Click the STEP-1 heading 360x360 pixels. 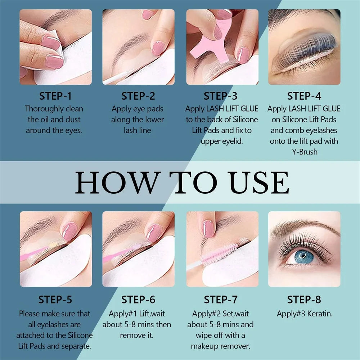pos(55,96)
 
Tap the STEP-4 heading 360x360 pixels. pos(304,96)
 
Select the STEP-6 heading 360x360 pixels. pos(138,300)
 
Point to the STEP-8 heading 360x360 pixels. pos(304,300)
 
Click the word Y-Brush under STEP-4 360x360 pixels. pos(304,152)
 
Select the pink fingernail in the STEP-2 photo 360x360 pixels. pos(158,48)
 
